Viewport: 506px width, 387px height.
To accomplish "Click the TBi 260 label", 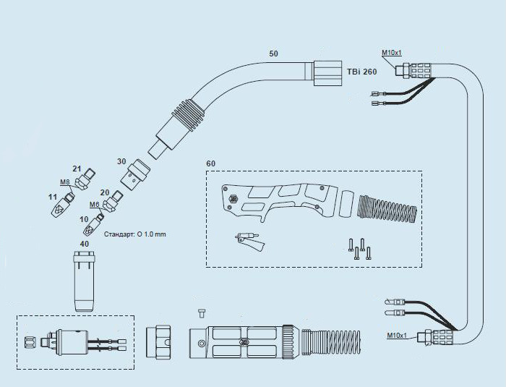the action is (x=361, y=72).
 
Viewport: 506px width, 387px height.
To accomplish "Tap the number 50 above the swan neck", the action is (x=273, y=54).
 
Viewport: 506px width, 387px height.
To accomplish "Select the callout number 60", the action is (x=211, y=163).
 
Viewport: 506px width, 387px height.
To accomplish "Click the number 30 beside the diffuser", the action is (x=121, y=161).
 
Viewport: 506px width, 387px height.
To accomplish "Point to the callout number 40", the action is (x=85, y=244).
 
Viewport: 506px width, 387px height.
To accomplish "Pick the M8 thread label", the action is (x=65, y=182).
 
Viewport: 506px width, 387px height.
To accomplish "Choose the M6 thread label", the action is (x=94, y=204).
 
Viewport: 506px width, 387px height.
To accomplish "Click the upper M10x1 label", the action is (x=392, y=53).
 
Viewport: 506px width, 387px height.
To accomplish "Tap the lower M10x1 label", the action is (x=397, y=336).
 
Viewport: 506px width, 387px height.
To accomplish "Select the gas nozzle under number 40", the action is (x=84, y=281).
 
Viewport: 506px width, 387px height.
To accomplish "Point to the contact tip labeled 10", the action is (x=93, y=226).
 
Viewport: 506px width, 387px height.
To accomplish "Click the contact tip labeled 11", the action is (x=63, y=205).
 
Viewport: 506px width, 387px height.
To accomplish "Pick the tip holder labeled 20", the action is (x=112, y=201).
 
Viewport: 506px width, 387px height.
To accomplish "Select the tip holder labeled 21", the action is (x=85, y=179).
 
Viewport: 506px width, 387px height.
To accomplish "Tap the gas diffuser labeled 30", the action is (x=137, y=174).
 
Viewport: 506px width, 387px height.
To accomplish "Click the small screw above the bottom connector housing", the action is (x=202, y=313).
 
